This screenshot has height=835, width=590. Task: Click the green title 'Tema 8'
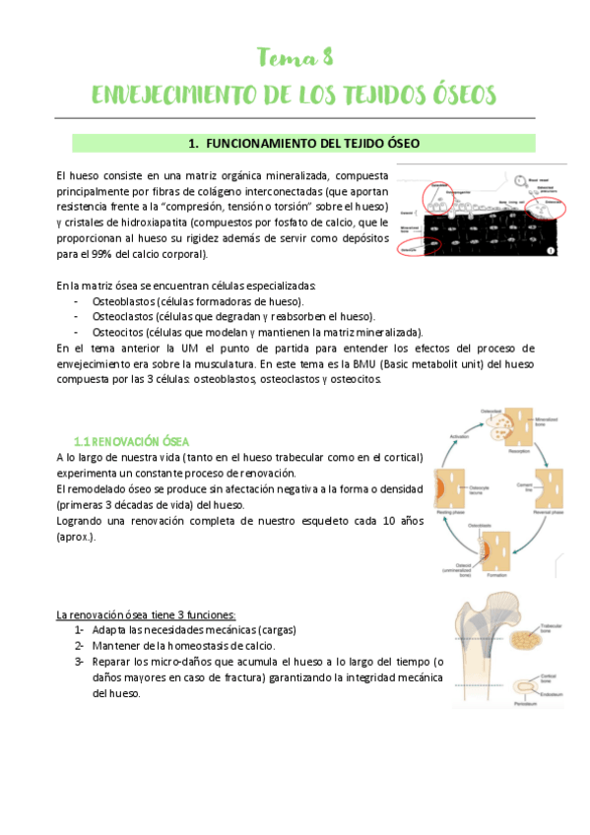click(x=295, y=56)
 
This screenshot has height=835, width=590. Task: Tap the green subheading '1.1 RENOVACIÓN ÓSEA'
click(x=132, y=440)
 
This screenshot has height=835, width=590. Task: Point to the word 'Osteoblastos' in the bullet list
click(x=123, y=300)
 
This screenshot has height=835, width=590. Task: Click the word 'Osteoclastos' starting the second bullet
click(x=123, y=316)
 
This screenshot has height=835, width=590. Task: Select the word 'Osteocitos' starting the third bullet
click(x=119, y=332)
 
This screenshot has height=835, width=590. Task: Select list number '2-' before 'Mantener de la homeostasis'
click(x=79, y=645)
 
